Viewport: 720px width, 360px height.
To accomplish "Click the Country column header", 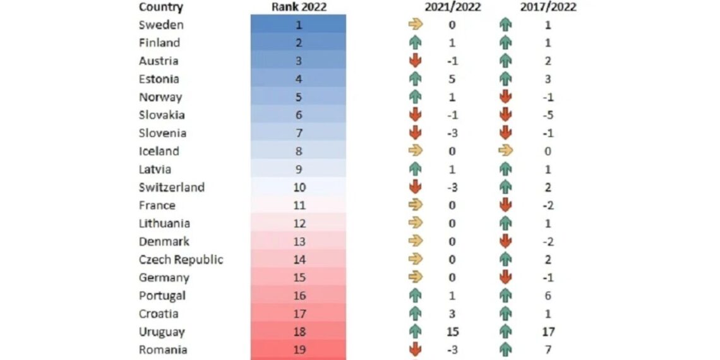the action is (x=160, y=8).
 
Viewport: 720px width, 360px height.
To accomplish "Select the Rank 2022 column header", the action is (x=299, y=8).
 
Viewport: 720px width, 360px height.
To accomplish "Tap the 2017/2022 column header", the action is (x=548, y=8).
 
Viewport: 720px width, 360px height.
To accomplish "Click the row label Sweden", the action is (x=161, y=25).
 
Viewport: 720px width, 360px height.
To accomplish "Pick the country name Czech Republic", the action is (x=181, y=260).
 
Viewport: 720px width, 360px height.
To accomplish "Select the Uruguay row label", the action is (x=162, y=332).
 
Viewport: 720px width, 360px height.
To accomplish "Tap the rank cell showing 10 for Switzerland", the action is (x=299, y=188).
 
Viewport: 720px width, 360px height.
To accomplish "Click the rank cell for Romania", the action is (x=299, y=350).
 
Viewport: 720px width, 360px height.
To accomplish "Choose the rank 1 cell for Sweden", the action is (x=299, y=25).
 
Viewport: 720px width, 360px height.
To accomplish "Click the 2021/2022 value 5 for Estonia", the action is (x=452, y=79).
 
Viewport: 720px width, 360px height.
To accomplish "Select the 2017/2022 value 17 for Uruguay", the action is (x=548, y=332).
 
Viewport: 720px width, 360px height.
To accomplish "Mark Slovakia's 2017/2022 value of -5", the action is (x=547, y=115).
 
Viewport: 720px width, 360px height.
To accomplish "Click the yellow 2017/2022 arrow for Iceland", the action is (x=505, y=151).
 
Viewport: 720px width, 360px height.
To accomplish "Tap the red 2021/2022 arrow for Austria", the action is (x=415, y=61).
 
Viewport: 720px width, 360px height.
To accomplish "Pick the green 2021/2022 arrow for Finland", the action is (x=415, y=43).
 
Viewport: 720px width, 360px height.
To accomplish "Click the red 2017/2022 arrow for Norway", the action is (x=505, y=97).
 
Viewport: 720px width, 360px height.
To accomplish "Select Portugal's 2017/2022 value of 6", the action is (x=548, y=296).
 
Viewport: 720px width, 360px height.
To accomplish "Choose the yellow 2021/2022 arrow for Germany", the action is (x=415, y=278).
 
